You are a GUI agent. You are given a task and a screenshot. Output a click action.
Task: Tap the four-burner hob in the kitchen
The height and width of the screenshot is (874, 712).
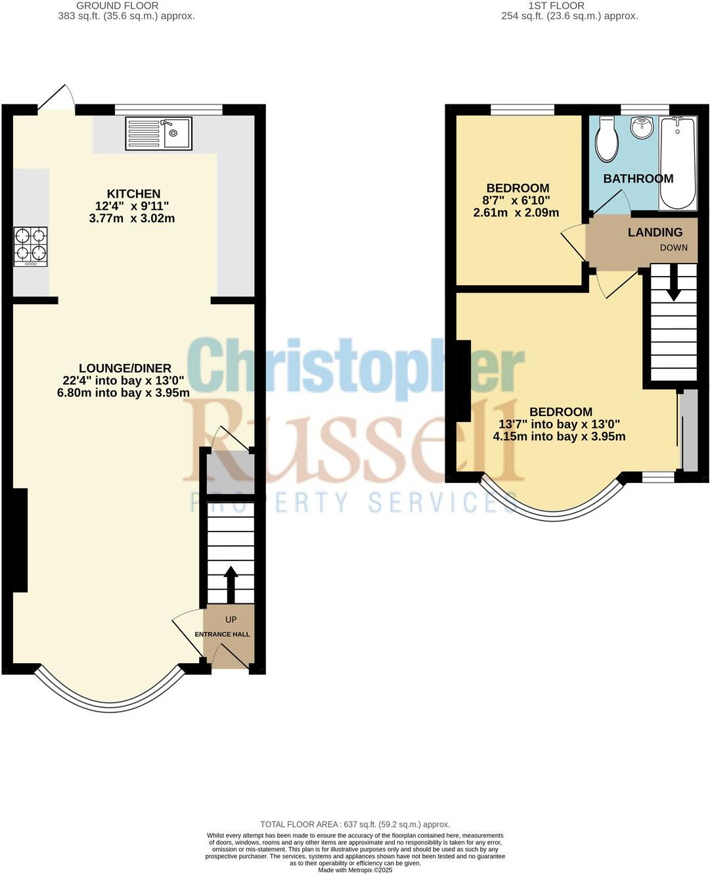coord(30,246)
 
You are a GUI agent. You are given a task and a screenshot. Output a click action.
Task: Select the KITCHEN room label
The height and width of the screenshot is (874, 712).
coord(133,194)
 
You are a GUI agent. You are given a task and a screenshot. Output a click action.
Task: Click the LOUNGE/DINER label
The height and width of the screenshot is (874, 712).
coord(125,369)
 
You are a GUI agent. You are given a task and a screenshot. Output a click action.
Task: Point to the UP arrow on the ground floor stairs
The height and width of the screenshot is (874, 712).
coord(231,584)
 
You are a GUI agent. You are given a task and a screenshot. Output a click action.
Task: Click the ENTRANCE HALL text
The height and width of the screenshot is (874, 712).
coord(222,634)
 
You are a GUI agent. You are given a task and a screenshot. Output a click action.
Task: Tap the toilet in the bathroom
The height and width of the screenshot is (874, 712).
coord(606,139)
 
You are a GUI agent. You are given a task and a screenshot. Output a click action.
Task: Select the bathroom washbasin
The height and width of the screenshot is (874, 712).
coord(642,127)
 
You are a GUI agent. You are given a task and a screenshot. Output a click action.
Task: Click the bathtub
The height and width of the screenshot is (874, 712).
coord(677,162)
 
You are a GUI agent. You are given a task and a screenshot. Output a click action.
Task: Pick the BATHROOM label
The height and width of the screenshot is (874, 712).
coord(638,179)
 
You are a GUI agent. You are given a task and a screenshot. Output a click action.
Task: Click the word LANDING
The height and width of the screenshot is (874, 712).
coord(655,232)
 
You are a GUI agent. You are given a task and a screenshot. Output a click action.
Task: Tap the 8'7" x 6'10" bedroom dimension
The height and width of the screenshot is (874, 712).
coord(516,200)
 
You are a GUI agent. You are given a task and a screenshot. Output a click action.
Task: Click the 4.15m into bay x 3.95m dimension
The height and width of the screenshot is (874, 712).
coord(559,436)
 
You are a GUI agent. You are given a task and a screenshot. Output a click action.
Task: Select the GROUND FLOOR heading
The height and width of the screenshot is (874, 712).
coord(117,5)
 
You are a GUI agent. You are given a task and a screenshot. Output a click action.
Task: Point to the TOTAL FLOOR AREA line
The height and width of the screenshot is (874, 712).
coord(355,824)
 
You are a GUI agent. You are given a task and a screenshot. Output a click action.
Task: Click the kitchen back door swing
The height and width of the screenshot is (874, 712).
coord(57,99)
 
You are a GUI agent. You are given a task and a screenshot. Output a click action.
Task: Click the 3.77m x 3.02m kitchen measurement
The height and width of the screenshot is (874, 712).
coord(132,218)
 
